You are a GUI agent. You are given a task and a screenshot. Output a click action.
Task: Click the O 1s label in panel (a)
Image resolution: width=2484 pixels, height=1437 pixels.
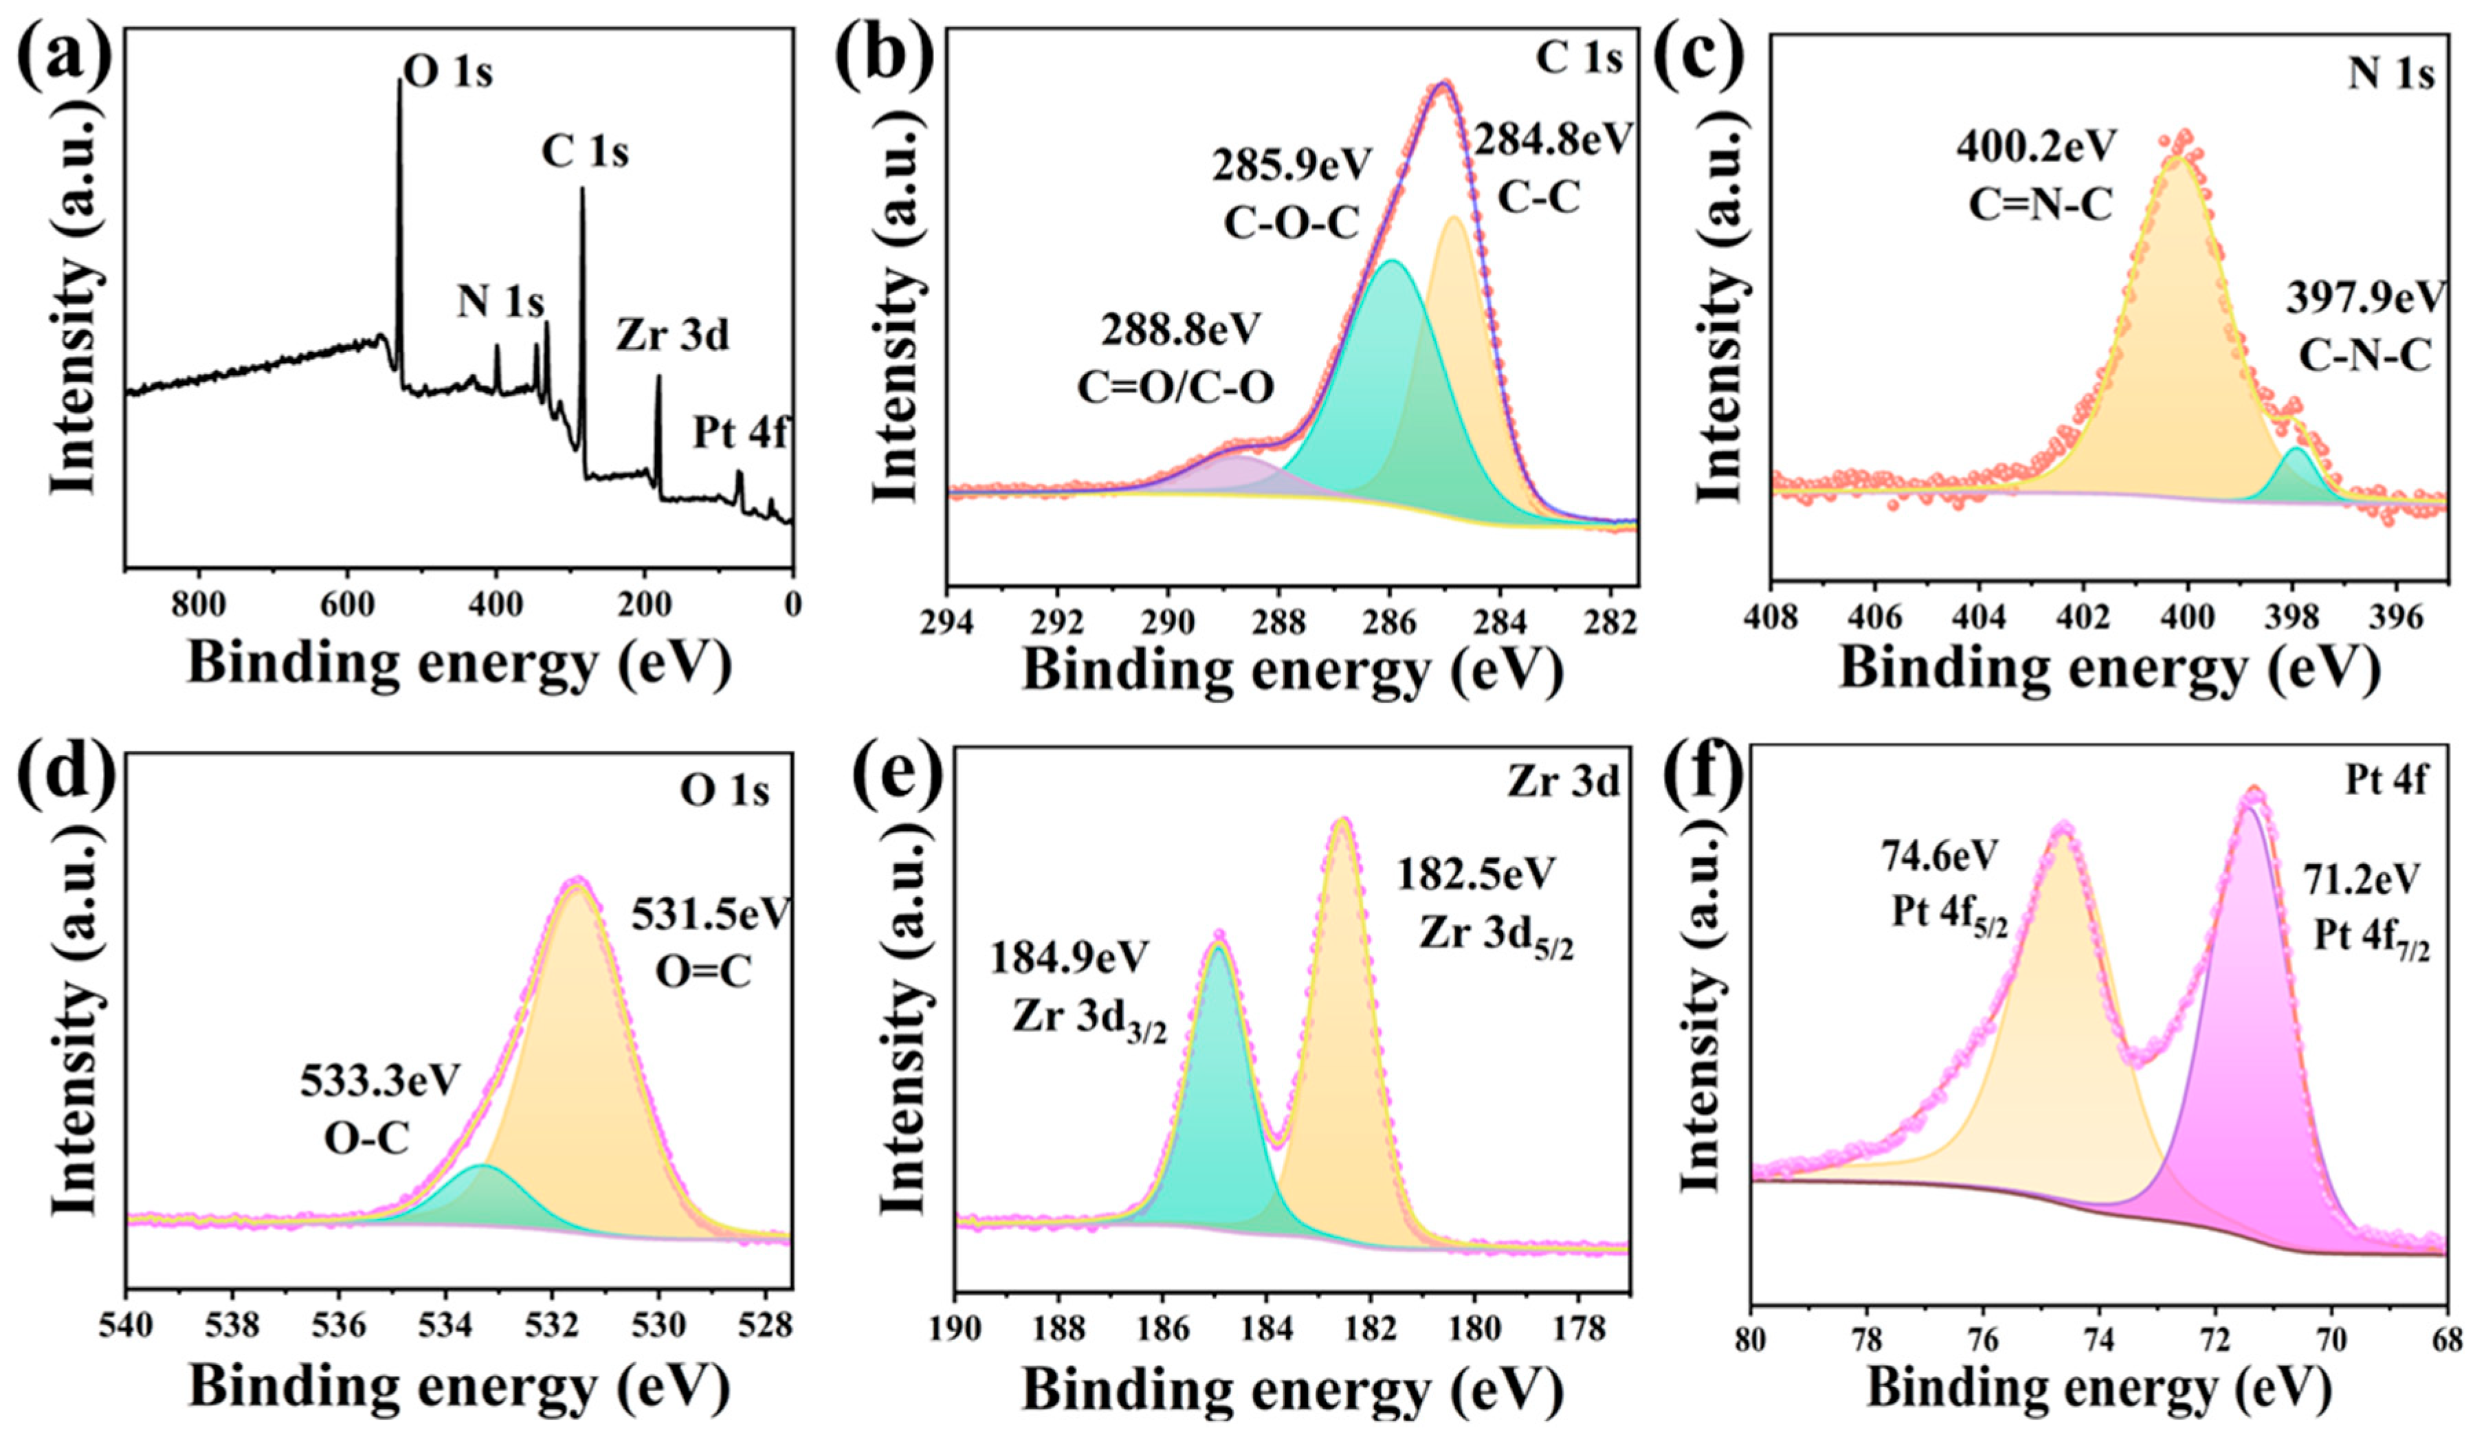tap(449, 73)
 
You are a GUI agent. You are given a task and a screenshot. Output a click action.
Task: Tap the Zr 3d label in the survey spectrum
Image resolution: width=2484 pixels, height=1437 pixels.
tap(674, 336)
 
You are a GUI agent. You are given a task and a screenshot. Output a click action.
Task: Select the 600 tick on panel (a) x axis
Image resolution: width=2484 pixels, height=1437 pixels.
tap(347, 603)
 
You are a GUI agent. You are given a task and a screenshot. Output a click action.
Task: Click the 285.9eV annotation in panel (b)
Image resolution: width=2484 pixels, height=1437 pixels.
tap(1291, 166)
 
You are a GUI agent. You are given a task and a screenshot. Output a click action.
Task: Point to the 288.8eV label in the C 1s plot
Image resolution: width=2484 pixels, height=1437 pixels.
tap(1181, 329)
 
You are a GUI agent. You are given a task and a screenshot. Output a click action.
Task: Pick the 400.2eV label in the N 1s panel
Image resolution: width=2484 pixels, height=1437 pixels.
tap(2037, 147)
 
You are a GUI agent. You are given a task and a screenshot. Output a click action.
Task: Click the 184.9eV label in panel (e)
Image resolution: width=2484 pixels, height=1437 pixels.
tap(1069, 958)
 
